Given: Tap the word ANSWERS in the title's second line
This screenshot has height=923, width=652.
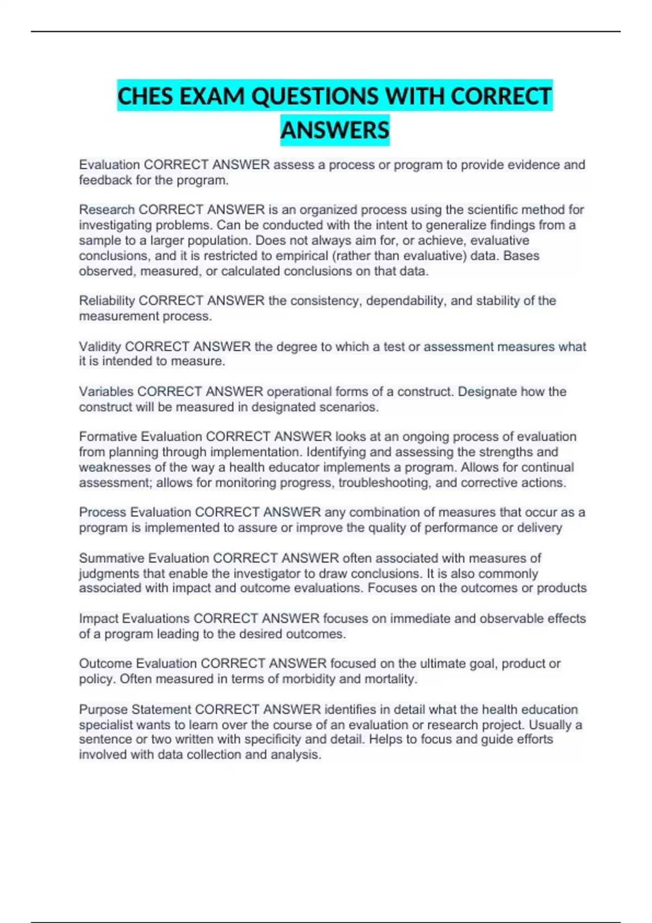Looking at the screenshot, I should (335, 130).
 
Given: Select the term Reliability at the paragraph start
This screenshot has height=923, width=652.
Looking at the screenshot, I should (106, 301).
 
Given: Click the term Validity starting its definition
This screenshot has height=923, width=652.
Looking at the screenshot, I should (100, 346).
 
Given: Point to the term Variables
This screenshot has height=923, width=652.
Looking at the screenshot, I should (106, 391).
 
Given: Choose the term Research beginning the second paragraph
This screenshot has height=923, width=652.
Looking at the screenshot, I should (106, 210).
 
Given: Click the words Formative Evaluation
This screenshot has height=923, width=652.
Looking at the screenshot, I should (140, 437).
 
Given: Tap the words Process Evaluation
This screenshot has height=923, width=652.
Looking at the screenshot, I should (135, 512).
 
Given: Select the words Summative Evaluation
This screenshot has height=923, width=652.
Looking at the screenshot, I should (144, 558).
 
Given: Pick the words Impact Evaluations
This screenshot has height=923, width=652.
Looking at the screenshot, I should (134, 618).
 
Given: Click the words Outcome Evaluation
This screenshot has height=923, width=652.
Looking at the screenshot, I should (137, 663).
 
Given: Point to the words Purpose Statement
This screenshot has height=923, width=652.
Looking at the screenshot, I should (135, 710).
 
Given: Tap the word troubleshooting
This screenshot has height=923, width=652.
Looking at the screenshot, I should (384, 483).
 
